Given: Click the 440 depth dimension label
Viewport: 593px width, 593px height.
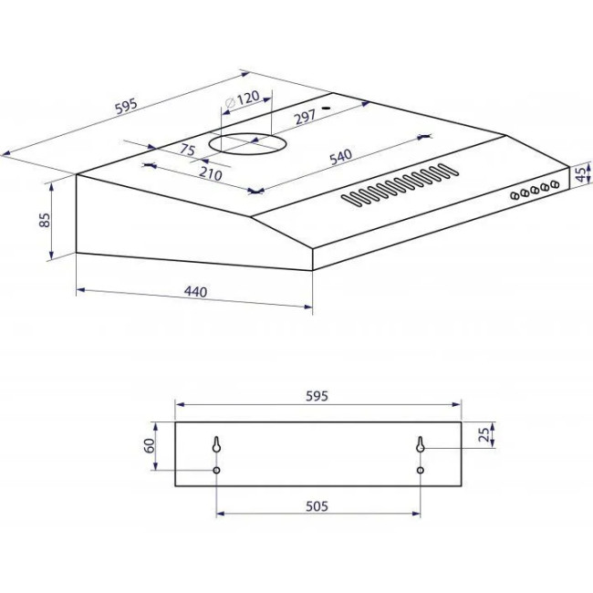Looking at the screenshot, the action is tap(195, 292).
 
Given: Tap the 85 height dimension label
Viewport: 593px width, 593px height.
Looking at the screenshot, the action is tap(45, 220).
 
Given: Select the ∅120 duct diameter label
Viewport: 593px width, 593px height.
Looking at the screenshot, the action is tap(242, 99).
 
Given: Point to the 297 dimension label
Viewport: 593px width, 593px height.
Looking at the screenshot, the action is tap(306, 117).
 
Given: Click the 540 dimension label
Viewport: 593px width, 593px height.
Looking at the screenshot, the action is tap(341, 157).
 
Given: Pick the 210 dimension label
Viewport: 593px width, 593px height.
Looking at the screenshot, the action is tap(210, 174).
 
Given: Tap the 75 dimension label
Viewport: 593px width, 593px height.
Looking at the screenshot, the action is tap(187, 150).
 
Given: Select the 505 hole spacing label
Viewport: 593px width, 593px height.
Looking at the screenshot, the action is tap(317, 506).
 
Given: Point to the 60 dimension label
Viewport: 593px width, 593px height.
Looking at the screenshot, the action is tap(150, 445).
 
